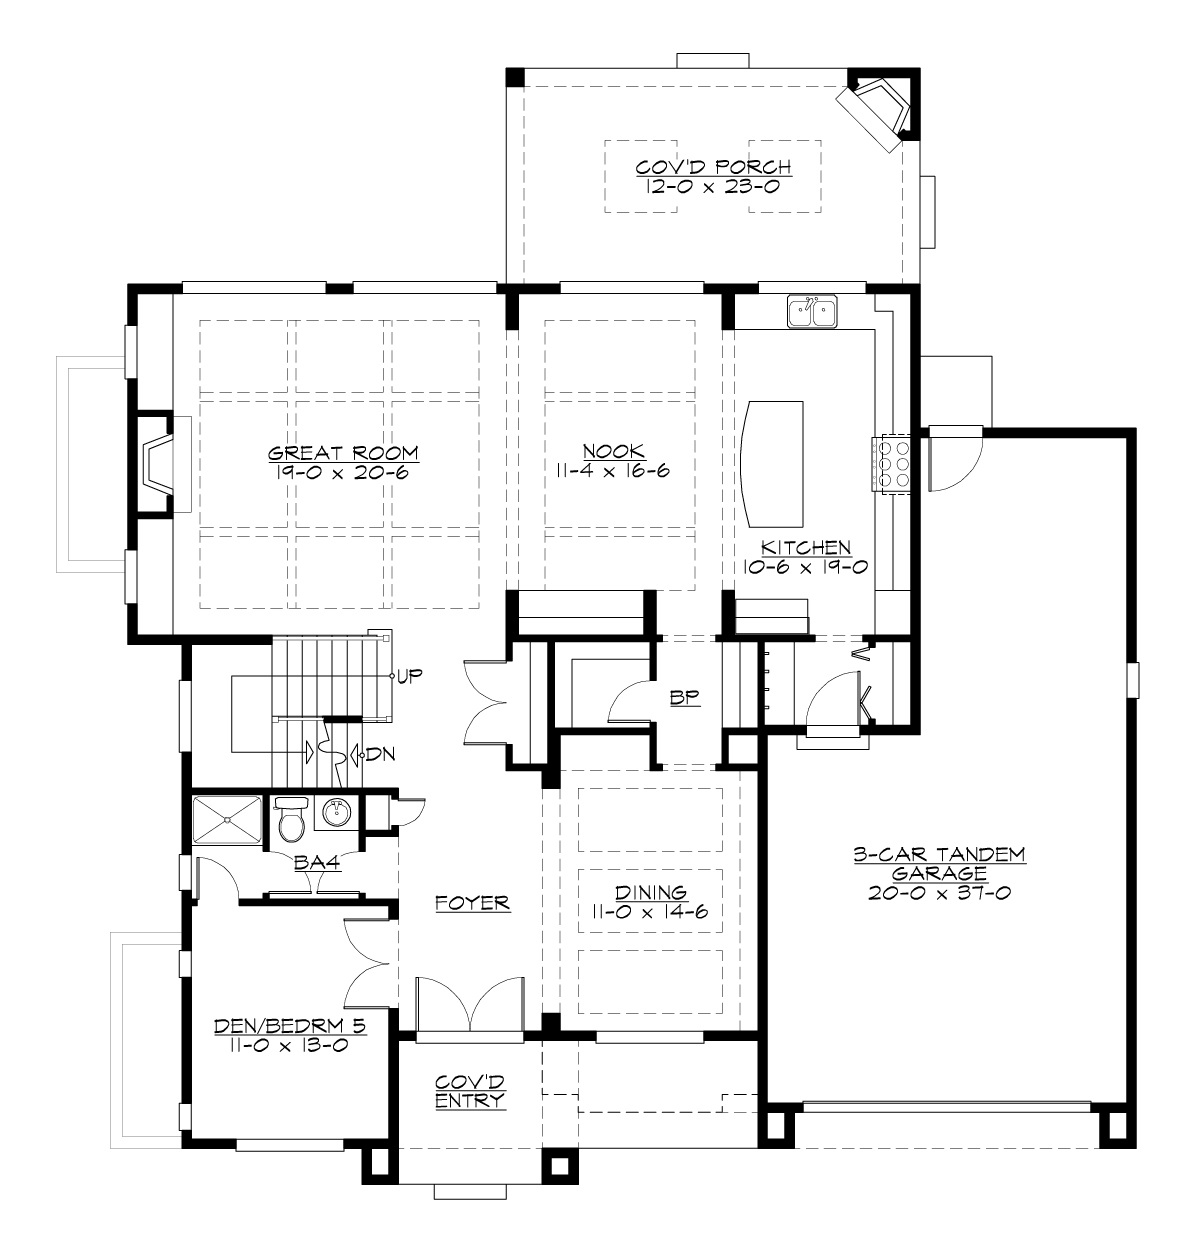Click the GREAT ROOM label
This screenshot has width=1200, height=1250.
click(x=343, y=452)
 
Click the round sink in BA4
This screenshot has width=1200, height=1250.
click(x=338, y=814)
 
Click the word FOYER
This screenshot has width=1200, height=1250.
click(x=473, y=903)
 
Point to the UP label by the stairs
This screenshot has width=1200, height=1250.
click(x=410, y=675)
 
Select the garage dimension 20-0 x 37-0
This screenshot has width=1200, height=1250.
click(x=939, y=892)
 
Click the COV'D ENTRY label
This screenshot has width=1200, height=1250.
click(x=470, y=1092)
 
